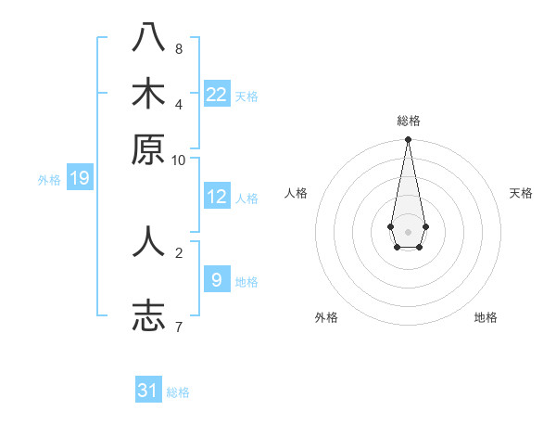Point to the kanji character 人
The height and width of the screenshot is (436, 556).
(x=148, y=241)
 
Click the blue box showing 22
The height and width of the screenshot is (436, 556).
(x=217, y=95)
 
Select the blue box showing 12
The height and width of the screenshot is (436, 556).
(x=217, y=197)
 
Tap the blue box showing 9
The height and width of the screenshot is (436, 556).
(x=217, y=279)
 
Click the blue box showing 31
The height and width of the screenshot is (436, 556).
(x=148, y=391)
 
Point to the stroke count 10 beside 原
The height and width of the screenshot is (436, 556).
(x=179, y=160)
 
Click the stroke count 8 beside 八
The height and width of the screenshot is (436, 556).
(x=179, y=48)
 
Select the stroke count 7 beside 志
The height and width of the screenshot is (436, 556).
(x=179, y=326)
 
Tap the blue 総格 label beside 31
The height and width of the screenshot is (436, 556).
(x=178, y=392)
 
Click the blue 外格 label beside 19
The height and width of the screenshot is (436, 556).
(x=49, y=180)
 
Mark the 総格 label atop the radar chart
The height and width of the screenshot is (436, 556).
(x=408, y=121)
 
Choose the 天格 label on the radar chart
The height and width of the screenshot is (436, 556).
(x=521, y=193)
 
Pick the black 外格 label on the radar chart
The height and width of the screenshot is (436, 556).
(x=326, y=317)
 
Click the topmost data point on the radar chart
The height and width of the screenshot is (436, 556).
(x=408, y=140)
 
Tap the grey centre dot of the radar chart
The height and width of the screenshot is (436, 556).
(x=408, y=231)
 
